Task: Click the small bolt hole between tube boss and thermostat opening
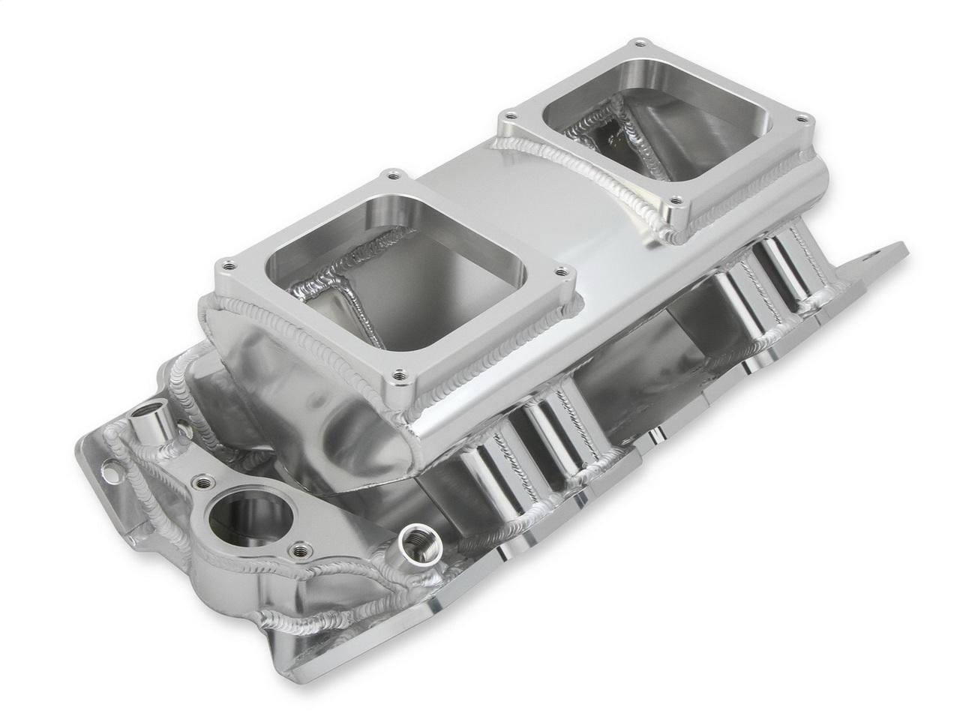[202, 482]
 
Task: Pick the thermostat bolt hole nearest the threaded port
[301, 551]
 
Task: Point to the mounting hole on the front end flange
[111, 473]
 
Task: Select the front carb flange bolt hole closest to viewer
[400, 375]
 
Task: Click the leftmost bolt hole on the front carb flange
[227, 265]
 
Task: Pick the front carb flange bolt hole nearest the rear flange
[561, 271]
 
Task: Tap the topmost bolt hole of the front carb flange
[392, 175]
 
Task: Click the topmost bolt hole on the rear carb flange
[639, 43]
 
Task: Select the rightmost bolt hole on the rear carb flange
[802, 118]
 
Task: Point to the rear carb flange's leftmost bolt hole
[510, 117]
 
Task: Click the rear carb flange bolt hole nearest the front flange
[675, 201]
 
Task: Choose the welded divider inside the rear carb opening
[615, 127]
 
